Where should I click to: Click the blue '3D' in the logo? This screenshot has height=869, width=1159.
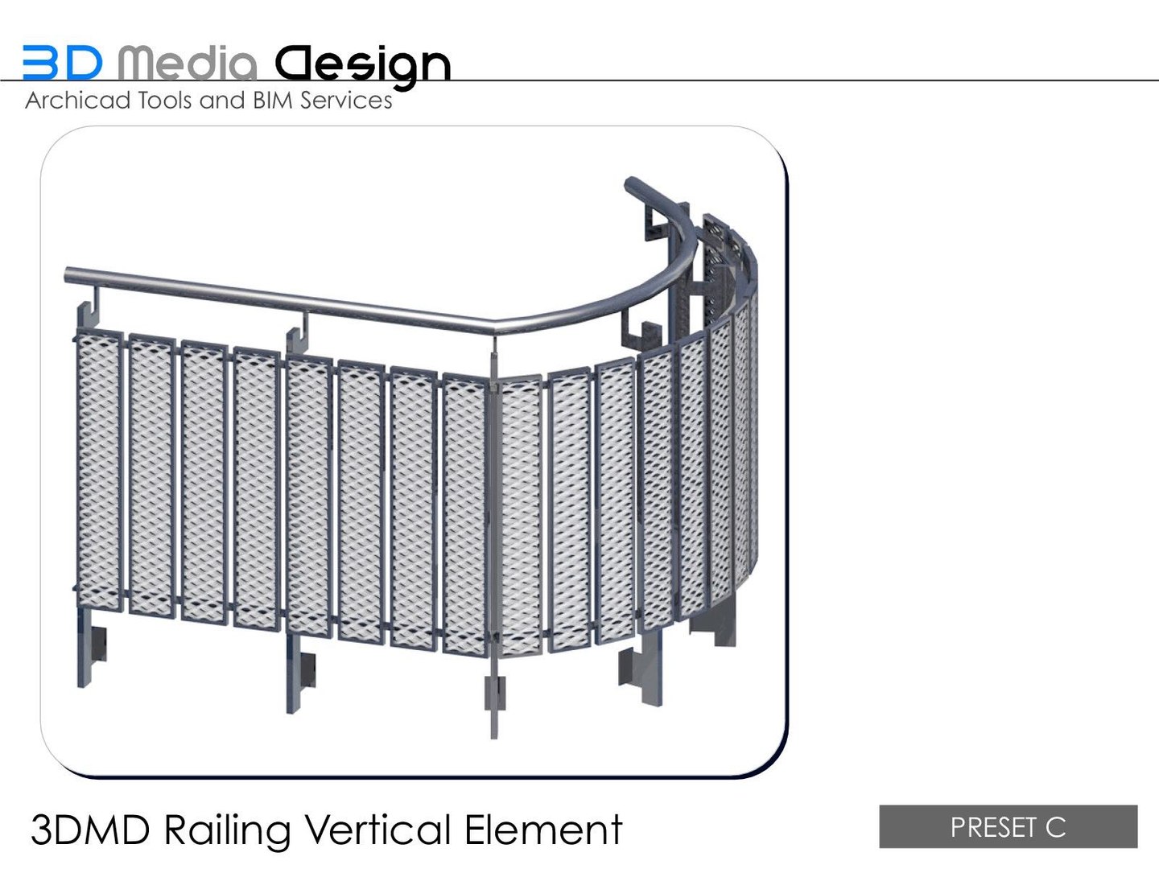pos(62,63)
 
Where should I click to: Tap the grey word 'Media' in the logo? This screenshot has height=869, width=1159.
pos(188,63)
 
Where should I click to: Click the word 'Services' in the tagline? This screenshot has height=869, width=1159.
pos(346,101)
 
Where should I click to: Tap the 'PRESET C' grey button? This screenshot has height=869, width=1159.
pos(1008,826)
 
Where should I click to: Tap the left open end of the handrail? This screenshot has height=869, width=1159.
pos(69,275)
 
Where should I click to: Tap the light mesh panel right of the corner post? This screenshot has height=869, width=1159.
pos(520,515)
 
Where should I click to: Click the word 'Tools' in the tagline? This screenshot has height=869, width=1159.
pos(166,101)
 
